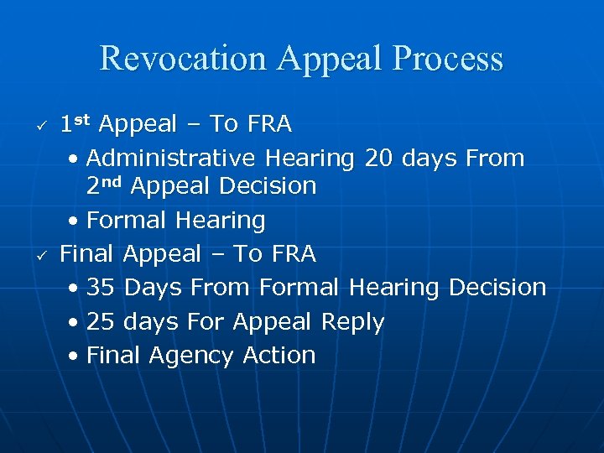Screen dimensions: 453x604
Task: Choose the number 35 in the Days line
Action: pyautogui.click(x=101, y=288)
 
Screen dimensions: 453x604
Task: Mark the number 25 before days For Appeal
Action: pyautogui.click(x=101, y=322)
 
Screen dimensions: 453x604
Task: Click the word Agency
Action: pyautogui.click(x=192, y=356)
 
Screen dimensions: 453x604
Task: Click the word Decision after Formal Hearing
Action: pyautogui.click(x=497, y=288)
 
